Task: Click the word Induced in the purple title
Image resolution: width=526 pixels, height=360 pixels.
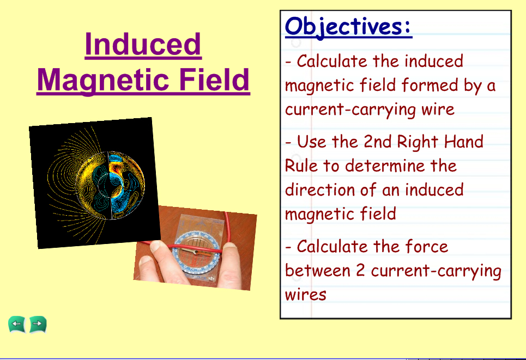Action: pyautogui.click(x=143, y=44)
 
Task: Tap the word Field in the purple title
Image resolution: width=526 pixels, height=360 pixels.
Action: pyautogui.click(x=214, y=80)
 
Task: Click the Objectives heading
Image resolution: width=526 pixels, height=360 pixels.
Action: pyautogui.click(x=348, y=27)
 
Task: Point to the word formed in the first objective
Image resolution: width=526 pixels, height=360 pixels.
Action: pyautogui.click(x=430, y=85)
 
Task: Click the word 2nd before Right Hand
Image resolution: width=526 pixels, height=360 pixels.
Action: pyautogui.click(x=377, y=141)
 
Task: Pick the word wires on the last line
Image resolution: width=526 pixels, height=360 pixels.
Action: pyautogui.click(x=305, y=295)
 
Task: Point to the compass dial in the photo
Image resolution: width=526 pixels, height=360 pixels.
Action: pyautogui.click(x=197, y=252)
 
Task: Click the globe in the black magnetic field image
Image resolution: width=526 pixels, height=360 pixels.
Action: pyautogui.click(x=110, y=185)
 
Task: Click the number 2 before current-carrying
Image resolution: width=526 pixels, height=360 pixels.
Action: pyautogui.click(x=360, y=270)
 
